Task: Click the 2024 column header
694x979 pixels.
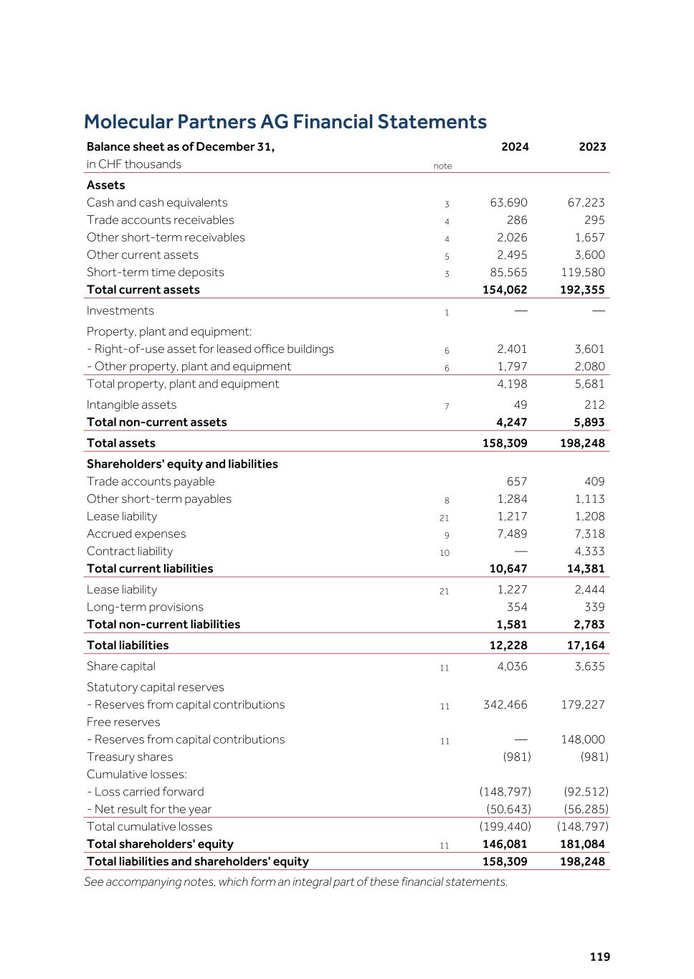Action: (x=515, y=147)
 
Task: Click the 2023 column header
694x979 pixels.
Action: (x=592, y=147)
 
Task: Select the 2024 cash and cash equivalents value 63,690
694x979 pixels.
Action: (x=508, y=203)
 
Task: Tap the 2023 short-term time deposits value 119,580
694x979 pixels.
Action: (x=582, y=273)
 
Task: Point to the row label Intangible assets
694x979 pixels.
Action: (x=131, y=405)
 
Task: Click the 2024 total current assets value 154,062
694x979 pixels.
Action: (x=505, y=290)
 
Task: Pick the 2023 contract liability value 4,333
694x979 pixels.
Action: (x=589, y=552)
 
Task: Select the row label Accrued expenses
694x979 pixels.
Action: (x=136, y=534)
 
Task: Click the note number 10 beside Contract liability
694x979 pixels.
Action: (x=445, y=553)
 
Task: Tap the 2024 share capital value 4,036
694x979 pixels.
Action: (x=512, y=666)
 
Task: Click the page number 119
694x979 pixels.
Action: (x=600, y=957)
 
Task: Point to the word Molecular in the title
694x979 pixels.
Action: (x=128, y=122)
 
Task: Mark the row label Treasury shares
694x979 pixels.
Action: (x=130, y=757)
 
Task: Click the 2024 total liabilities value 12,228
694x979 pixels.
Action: (x=508, y=645)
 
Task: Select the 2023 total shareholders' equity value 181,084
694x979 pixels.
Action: (x=582, y=844)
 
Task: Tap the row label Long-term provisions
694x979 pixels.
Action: (x=145, y=607)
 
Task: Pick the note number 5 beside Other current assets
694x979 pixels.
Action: (x=447, y=257)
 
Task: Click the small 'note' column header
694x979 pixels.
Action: (x=442, y=166)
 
